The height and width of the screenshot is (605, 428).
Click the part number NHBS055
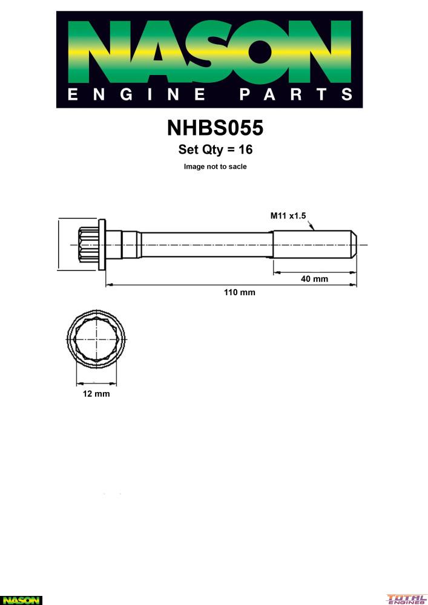coord(215,128)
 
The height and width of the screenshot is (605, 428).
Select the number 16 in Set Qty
coord(245,149)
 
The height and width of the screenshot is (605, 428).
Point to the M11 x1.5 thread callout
coord(288,216)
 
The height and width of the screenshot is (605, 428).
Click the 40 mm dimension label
coord(314,278)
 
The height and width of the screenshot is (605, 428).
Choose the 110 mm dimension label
coord(239,292)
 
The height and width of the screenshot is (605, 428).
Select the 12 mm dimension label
coord(96,394)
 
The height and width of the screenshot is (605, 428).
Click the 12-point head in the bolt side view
coord(88,244)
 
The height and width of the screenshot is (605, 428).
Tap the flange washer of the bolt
coord(102,244)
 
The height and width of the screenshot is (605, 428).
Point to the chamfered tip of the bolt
coord(354,244)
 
